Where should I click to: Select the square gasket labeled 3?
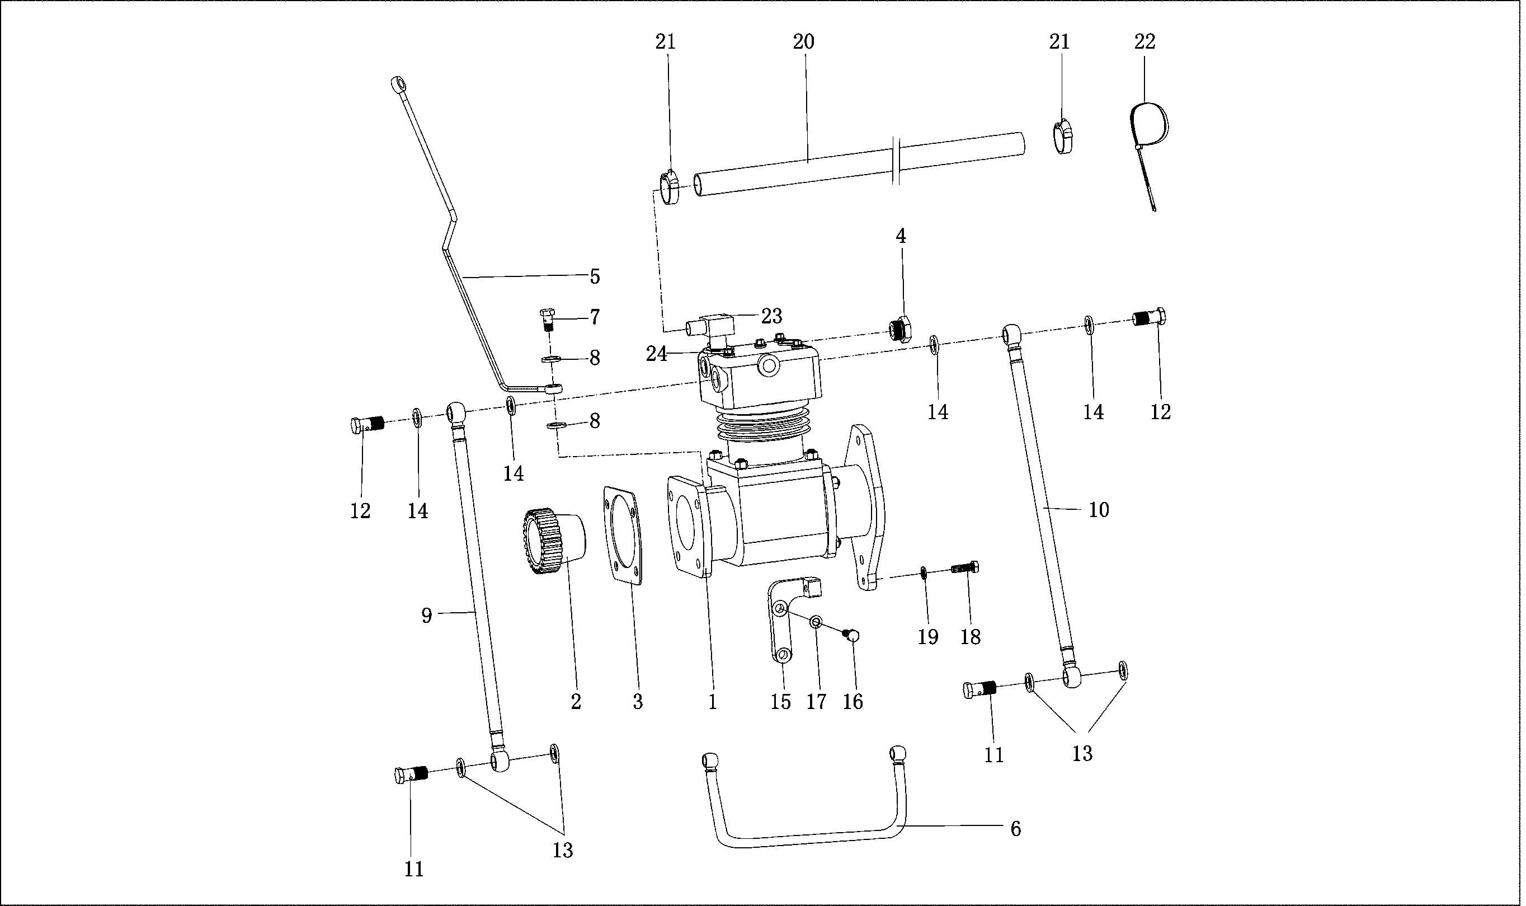623,536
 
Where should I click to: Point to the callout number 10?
1098,510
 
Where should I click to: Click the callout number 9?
426,616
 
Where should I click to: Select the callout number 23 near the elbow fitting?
771,316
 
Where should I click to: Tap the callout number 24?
657,354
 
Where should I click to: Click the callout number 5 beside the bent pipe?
594,276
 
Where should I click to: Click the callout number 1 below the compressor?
712,702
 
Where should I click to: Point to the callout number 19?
927,637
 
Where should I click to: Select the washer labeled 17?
814,622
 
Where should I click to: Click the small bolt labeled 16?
852,636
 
